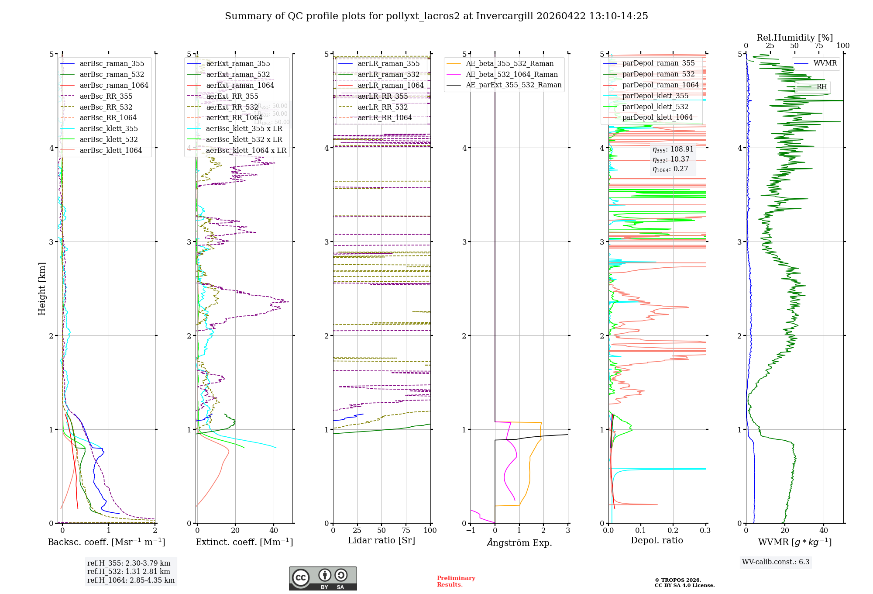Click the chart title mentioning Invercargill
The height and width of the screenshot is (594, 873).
click(436, 16)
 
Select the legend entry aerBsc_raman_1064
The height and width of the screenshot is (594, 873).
click(113, 85)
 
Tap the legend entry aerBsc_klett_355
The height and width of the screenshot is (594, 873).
click(108, 128)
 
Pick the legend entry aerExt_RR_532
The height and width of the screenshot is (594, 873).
click(232, 107)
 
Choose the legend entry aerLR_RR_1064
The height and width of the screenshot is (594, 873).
click(385, 117)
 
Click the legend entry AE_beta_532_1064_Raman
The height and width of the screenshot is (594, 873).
click(512, 74)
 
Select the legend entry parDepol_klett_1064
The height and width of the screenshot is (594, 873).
click(657, 117)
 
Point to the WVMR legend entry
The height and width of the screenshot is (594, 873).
click(825, 63)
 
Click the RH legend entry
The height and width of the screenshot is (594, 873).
click(821, 86)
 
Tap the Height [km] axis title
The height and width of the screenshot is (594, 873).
click(42, 288)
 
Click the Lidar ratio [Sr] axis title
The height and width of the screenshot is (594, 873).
click(381, 540)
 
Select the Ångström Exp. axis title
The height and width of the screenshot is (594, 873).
click(519, 542)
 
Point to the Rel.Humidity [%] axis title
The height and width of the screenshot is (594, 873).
click(794, 38)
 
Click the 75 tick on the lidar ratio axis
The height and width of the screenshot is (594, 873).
click(406, 530)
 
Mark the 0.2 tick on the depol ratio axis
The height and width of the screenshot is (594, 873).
click(673, 530)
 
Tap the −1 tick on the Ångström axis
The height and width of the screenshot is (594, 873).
click(470, 530)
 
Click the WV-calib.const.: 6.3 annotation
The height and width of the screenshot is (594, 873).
click(775, 562)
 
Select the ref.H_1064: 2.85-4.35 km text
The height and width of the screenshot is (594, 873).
click(131, 580)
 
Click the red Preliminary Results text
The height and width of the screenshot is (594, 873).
click(456, 581)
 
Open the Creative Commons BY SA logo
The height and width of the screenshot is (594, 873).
click(323, 578)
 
